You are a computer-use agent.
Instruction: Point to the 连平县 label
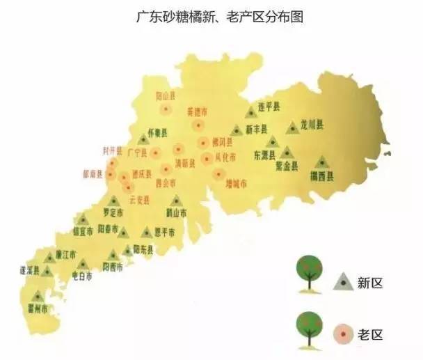coord(268,107)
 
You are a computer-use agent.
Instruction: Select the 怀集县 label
coord(159,130)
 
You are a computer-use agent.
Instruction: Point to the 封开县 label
coord(113,150)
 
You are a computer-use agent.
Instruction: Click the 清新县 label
coord(186,163)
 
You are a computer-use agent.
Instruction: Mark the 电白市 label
coord(82,276)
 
